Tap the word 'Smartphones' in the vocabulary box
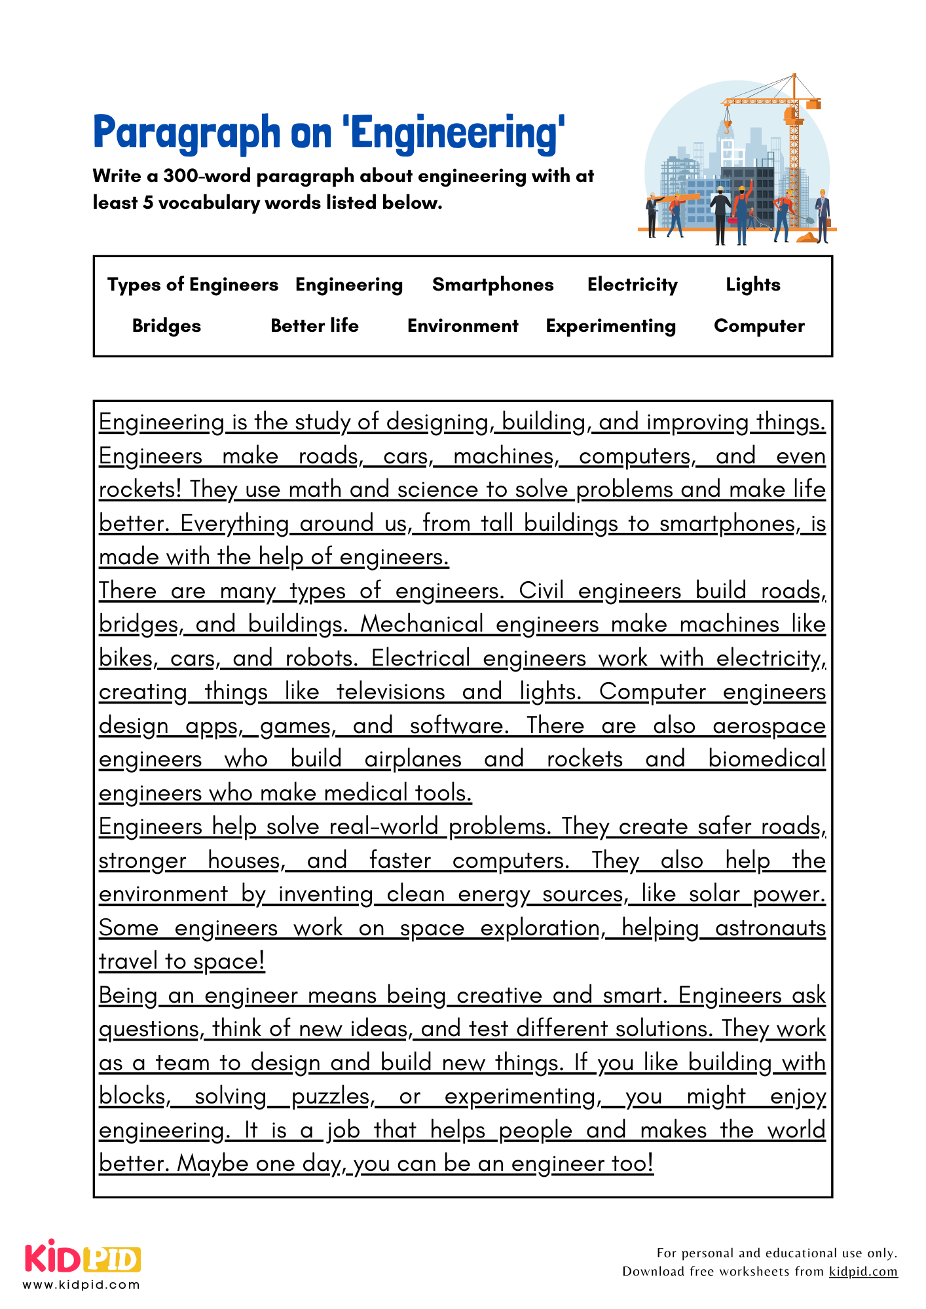click(x=492, y=285)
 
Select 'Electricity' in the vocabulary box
click(x=632, y=285)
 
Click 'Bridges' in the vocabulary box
click(x=166, y=326)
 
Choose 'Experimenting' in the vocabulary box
click(x=610, y=326)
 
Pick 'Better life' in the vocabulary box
click(x=314, y=326)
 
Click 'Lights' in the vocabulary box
click(x=752, y=285)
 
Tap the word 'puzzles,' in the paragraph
click(x=333, y=1096)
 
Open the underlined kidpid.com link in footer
click(x=862, y=1272)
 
